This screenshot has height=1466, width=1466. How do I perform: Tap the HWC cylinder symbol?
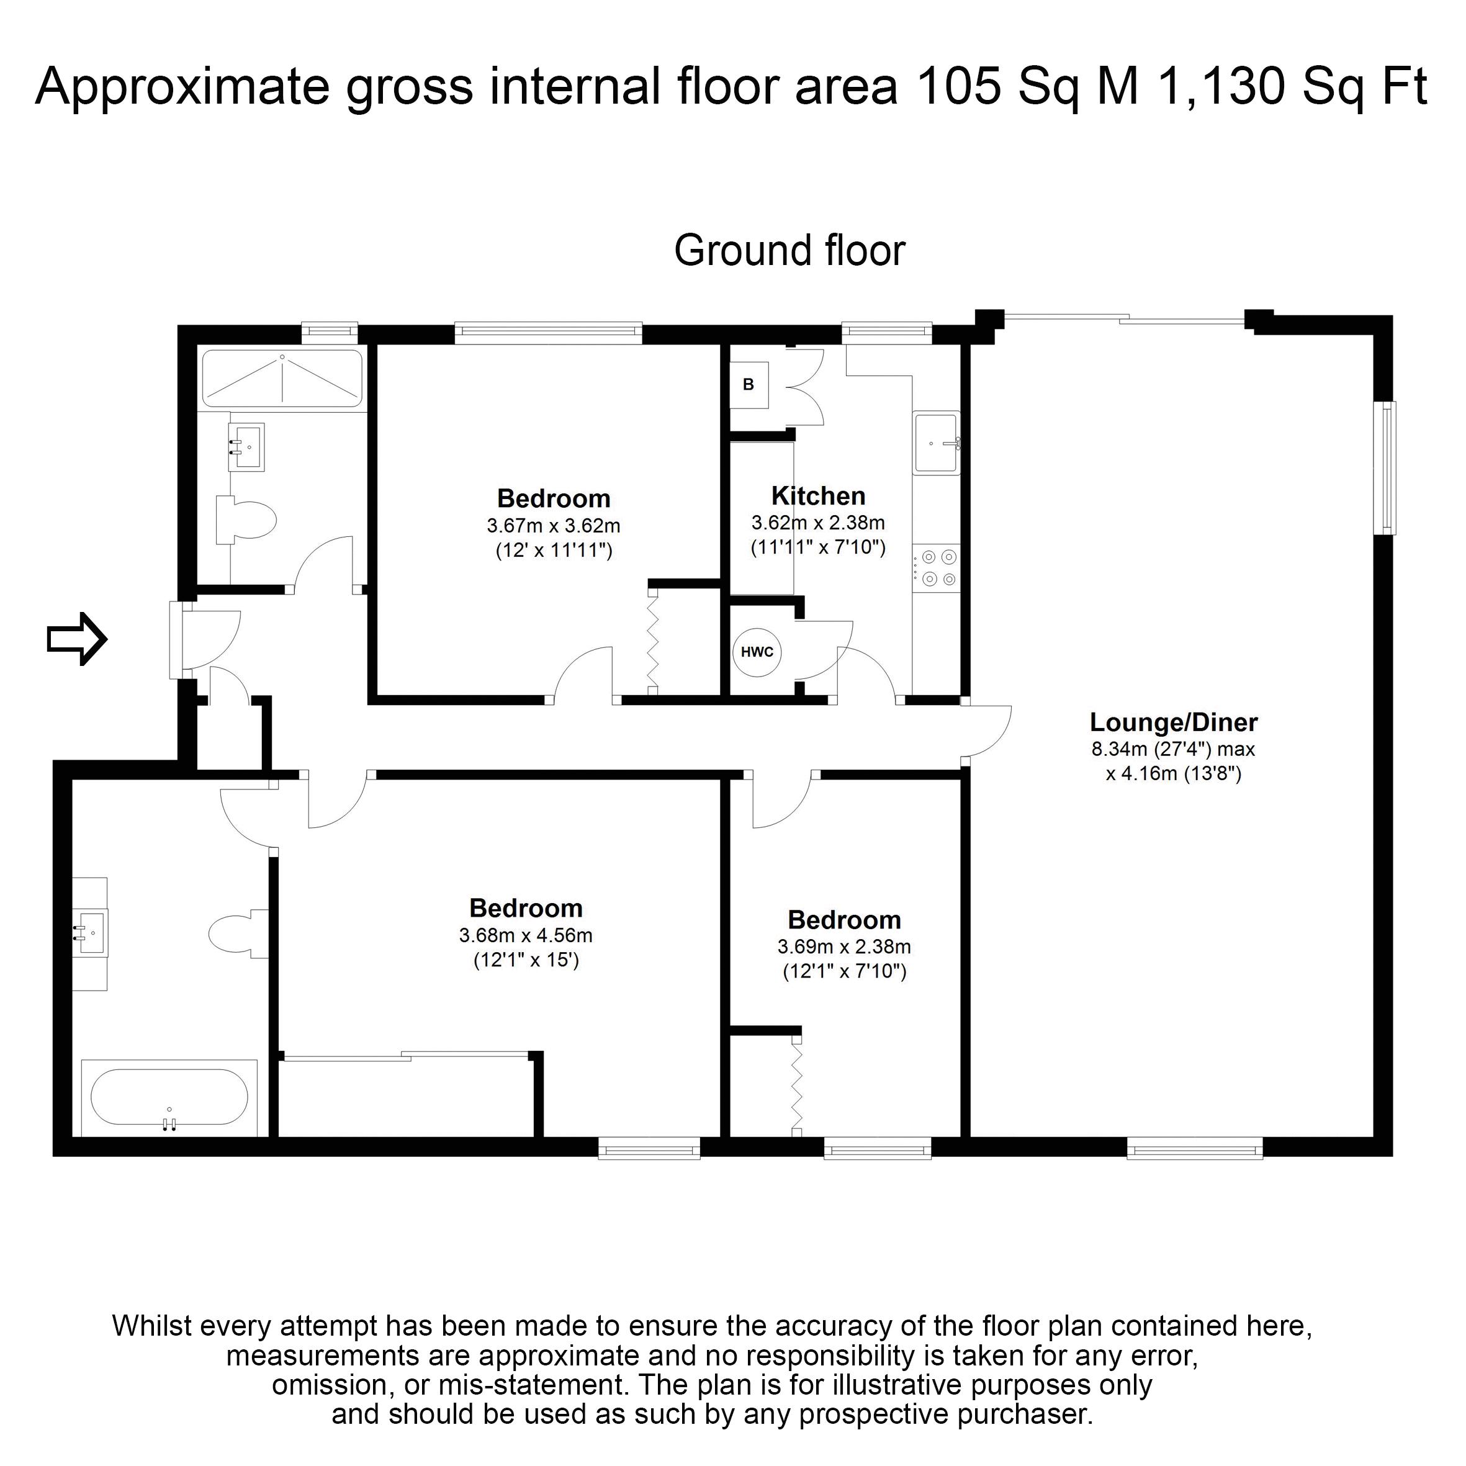[757, 652]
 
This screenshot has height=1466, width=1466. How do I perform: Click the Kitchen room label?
[818, 495]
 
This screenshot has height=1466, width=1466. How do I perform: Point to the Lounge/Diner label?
[1173, 722]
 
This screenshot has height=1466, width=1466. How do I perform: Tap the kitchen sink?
[937, 443]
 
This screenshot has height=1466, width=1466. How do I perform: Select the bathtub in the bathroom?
[169, 1097]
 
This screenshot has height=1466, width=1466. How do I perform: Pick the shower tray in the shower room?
[282, 378]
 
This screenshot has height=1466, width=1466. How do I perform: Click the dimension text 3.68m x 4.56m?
[526, 935]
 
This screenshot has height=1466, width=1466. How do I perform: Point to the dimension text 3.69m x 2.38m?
[843, 947]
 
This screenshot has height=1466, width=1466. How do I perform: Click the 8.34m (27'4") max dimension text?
[1173, 750]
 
